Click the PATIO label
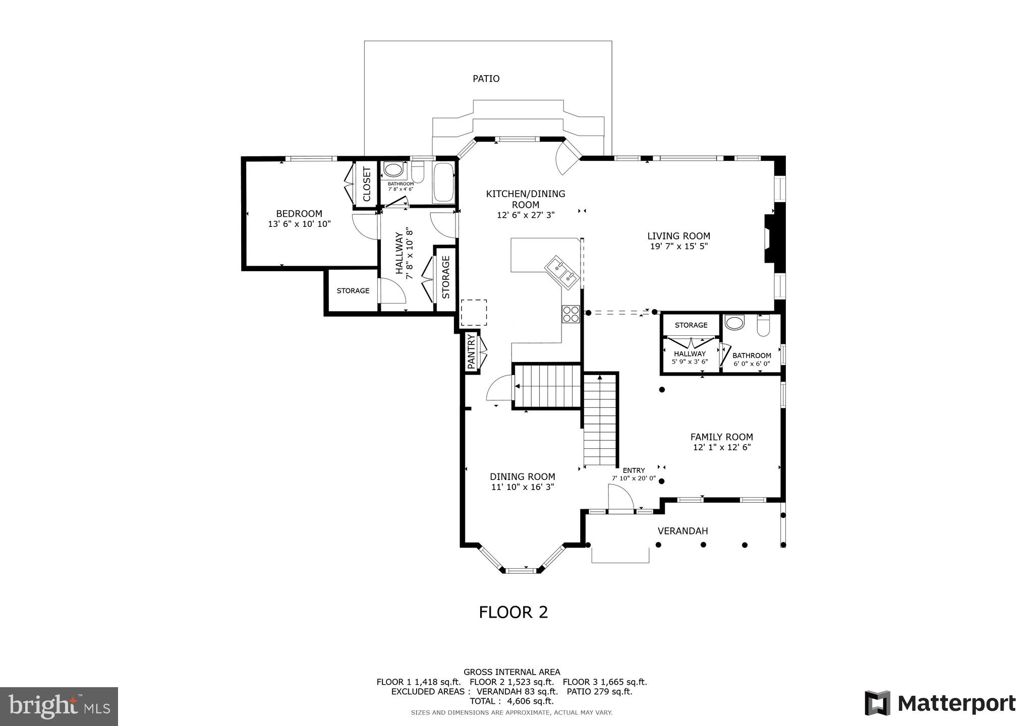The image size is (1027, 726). (486, 79)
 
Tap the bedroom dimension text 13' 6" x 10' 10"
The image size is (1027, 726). (299, 224)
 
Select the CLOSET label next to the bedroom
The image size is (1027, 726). (367, 184)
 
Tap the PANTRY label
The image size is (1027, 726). (471, 351)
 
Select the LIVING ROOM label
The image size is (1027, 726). (678, 235)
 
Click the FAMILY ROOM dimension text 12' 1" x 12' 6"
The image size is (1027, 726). (721, 447)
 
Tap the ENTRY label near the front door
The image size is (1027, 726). (634, 470)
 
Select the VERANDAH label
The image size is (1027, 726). (682, 531)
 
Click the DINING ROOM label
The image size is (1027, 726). (522, 476)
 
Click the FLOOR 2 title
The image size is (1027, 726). (513, 612)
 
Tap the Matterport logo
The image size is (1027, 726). (940, 703)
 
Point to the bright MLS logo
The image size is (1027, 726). (59, 707)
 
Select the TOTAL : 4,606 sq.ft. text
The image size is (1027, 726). (511, 701)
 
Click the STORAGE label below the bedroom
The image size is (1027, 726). (353, 291)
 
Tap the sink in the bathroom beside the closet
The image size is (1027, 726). (393, 168)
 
